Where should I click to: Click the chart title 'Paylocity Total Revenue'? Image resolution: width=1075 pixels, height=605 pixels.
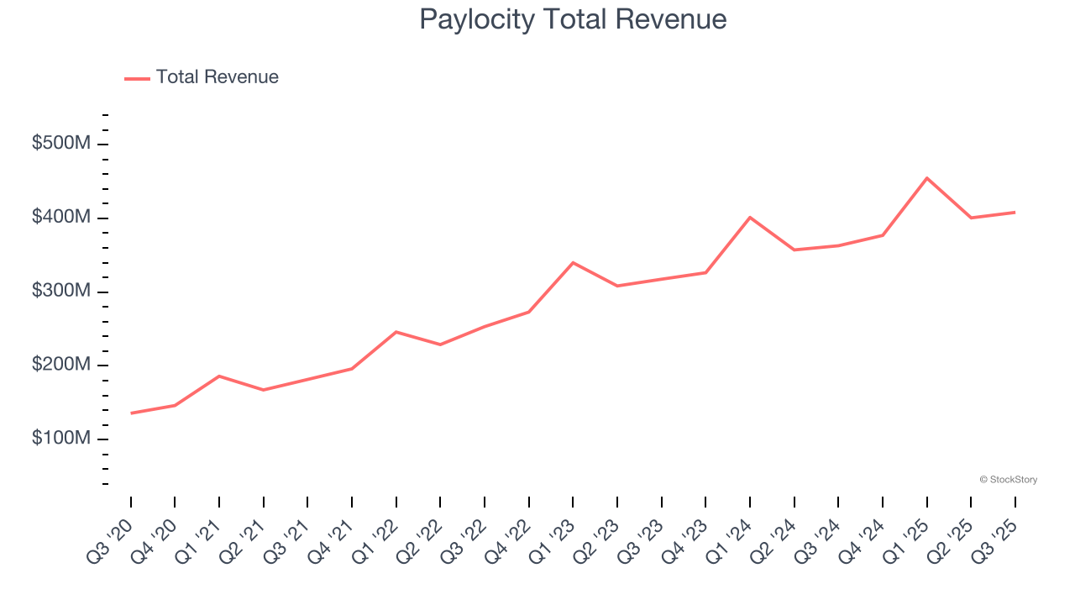(x=573, y=19)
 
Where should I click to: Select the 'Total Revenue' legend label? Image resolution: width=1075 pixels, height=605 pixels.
(x=217, y=77)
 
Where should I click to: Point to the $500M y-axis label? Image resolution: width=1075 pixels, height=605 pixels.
(x=60, y=144)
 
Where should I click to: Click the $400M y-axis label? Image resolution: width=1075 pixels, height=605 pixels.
(x=60, y=218)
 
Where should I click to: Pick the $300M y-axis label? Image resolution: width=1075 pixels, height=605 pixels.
(x=60, y=291)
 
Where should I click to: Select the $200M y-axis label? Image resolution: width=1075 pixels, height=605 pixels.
(x=60, y=365)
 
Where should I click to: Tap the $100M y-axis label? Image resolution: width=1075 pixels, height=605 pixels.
(x=60, y=439)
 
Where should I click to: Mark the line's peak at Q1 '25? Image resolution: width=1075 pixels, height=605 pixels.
(x=926, y=178)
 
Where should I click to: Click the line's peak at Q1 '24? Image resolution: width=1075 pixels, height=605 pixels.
(x=750, y=218)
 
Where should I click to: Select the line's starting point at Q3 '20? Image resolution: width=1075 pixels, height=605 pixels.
(x=131, y=413)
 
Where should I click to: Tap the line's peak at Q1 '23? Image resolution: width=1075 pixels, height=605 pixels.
(x=573, y=263)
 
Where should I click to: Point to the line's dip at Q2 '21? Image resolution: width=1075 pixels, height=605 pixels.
(x=264, y=390)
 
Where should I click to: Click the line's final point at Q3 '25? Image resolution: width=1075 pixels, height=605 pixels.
(x=1015, y=212)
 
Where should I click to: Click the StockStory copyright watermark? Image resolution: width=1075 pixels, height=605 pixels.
(x=1008, y=480)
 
